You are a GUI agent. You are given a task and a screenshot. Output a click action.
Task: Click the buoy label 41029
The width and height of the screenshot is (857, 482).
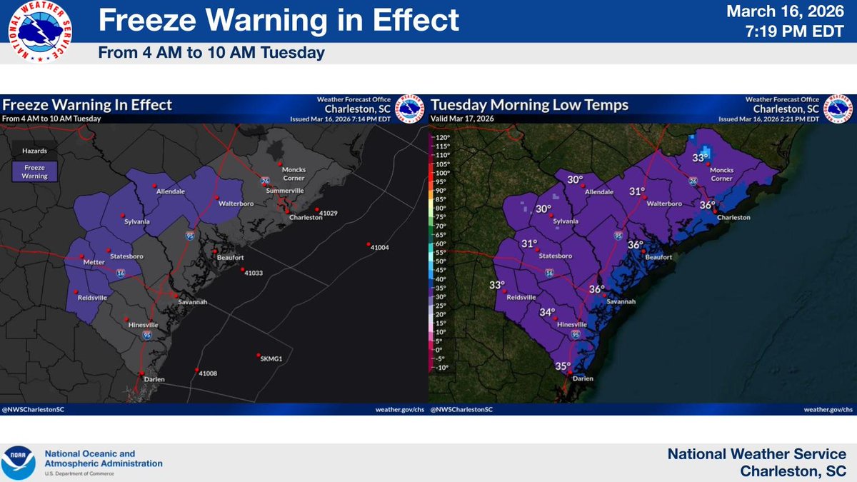[x=329, y=214]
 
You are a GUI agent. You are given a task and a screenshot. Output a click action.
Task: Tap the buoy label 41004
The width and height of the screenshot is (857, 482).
[x=379, y=247]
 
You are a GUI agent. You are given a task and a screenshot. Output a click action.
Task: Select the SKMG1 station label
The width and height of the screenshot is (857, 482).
[x=272, y=359]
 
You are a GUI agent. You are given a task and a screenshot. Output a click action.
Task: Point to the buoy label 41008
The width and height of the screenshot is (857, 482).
[x=209, y=373]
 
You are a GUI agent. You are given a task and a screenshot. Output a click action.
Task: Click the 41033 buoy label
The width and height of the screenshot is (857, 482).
[x=254, y=273]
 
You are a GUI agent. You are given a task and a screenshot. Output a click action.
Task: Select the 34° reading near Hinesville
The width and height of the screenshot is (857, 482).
[x=547, y=312]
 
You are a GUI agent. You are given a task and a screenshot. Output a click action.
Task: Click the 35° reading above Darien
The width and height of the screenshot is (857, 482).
[x=563, y=366]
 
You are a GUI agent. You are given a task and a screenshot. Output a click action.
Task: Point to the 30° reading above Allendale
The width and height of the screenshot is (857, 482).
[x=576, y=180]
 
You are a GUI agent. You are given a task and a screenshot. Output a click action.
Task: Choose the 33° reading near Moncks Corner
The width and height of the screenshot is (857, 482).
[x=700, y=158]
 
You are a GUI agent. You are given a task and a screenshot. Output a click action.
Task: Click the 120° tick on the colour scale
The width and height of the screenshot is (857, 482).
[x=441, y=137]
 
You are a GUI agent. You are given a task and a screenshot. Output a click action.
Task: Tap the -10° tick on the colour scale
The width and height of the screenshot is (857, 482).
[x=441, y=368]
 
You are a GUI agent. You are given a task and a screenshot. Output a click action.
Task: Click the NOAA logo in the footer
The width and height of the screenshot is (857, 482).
[x=17, y=462]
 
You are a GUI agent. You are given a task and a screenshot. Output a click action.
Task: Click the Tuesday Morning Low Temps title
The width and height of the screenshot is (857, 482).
[x=529, y=106]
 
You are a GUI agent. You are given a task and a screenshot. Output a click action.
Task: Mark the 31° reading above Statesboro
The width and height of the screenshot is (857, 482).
[x=529, y=243]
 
